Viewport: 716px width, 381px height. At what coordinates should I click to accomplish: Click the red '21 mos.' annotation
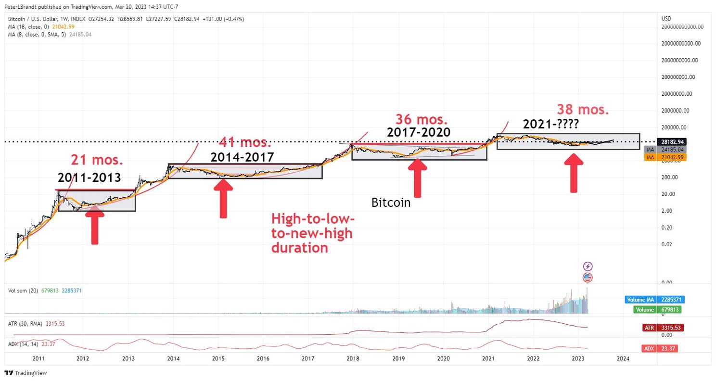click(x=98, y=160)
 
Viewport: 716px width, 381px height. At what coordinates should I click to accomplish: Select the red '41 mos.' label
click(x=245, y=143)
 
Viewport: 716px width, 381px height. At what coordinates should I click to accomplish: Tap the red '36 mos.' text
click(x=422, y=119)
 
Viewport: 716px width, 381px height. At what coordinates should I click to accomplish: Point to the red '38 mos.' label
click(x=583, y=109)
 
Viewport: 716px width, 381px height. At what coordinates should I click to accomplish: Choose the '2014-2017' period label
click(x=242, y=157)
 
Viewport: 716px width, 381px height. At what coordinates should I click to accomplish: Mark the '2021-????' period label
click(x=551, y=125)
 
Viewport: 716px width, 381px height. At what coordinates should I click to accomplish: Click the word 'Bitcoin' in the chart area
click(x=391, y=203)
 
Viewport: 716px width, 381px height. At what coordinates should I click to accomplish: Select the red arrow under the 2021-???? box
click(x=573, y=173)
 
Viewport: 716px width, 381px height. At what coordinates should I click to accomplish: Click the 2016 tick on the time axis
click(x=263, y=358)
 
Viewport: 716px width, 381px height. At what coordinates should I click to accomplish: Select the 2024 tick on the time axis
click(x=623, y=358)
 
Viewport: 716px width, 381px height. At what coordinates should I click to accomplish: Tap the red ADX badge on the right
click(x=663, y=349)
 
